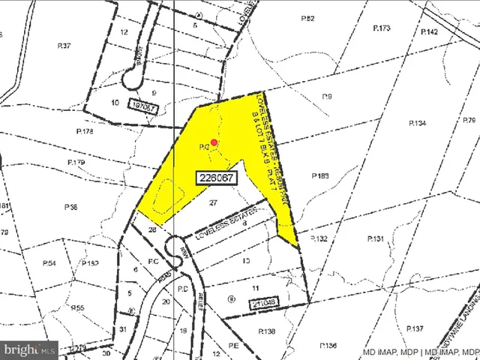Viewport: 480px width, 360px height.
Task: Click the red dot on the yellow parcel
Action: [214, 142]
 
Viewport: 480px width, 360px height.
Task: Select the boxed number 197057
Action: [144, 106]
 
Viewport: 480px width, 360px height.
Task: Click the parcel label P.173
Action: [382, 28]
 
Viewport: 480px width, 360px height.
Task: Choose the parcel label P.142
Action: [429, 32]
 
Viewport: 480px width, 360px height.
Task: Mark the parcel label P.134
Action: [417, 123]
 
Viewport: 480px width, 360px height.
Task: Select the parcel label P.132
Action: [320, 238]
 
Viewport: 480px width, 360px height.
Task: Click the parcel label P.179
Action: [76, 162]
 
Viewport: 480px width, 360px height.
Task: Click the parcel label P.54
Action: [50, 263]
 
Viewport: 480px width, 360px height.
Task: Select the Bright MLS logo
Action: [30, 349]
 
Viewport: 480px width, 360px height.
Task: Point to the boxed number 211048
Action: [263, 303]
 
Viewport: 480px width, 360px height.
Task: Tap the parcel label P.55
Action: [78, 308]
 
